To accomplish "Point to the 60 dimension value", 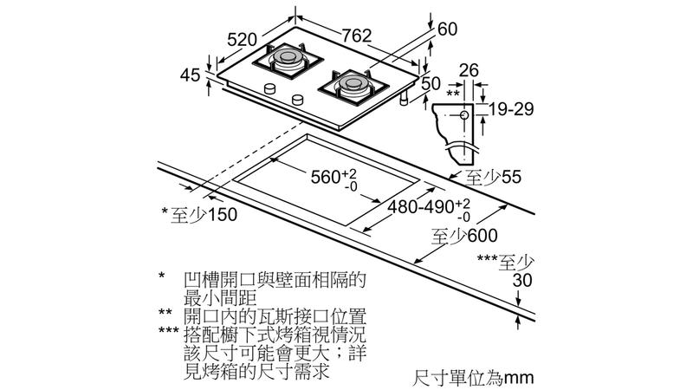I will coord(447,29).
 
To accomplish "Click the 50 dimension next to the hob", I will coord(431,84).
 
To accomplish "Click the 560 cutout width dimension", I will coord(334,179).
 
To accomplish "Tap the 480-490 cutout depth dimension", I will coord(421,208).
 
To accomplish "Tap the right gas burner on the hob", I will coord(354,83).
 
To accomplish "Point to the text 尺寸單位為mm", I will coord(472,378).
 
